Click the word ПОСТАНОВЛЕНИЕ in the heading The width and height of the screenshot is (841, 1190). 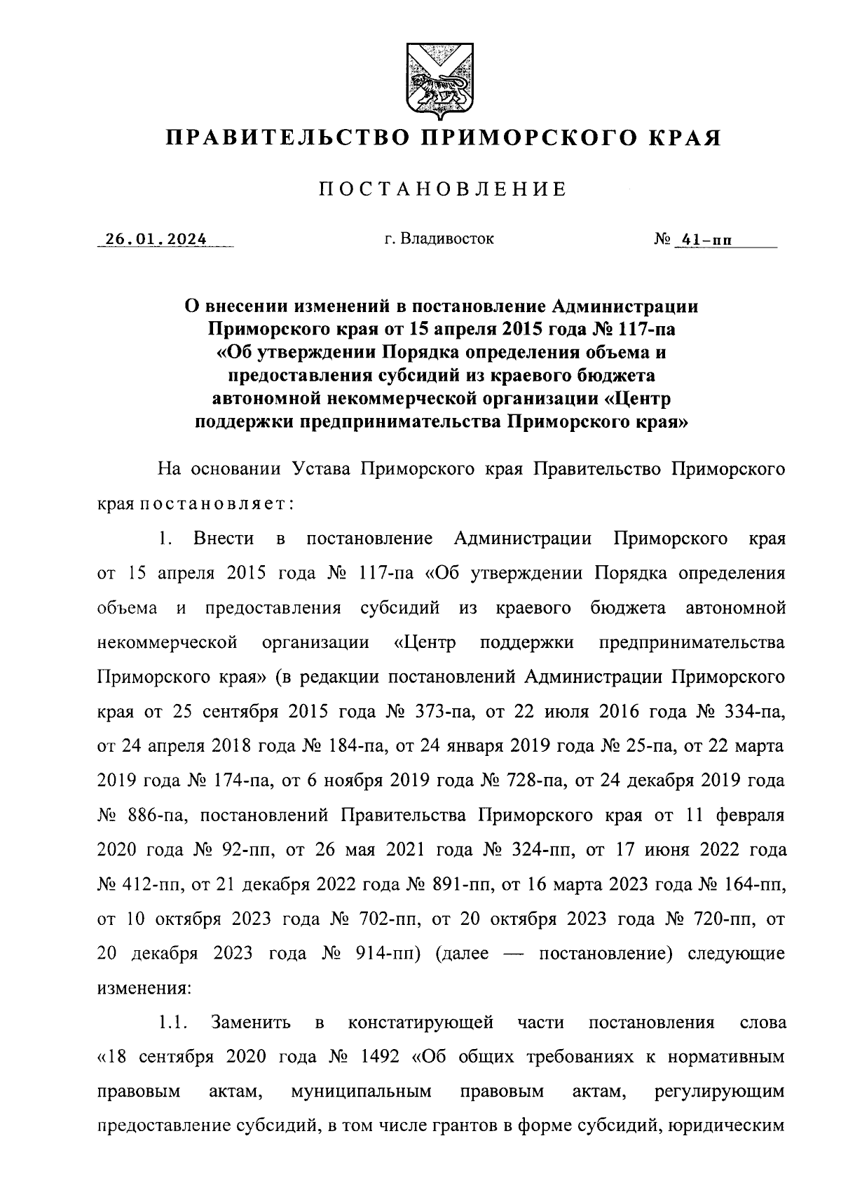click(x=442, y=189)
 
